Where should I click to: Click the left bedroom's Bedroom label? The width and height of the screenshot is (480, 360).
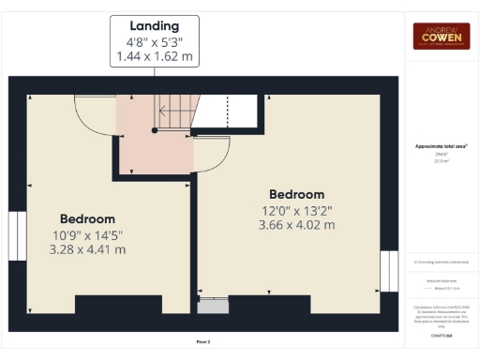click(x=87, y=217)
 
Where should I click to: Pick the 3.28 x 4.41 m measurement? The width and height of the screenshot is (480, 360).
click(x=87, y=249)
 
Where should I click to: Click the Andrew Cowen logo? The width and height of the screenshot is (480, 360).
click(x=442, y=36)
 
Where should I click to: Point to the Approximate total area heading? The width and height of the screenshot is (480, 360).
click(x=442, y=147)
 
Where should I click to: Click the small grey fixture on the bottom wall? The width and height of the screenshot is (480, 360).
click(x=214, y=306)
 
